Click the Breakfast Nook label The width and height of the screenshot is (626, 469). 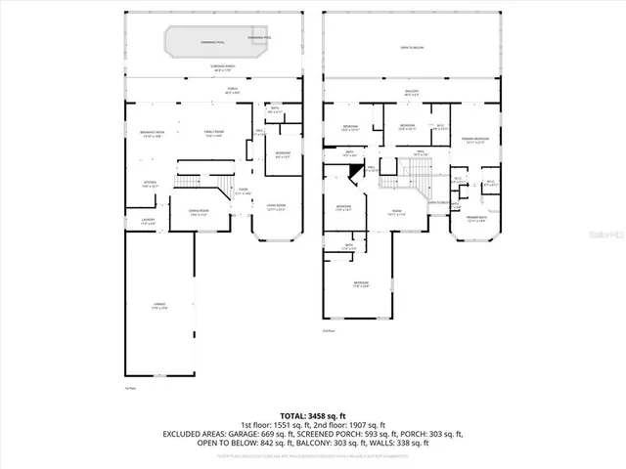tap(151, 134)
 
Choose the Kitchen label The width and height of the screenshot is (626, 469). tap(151, 184)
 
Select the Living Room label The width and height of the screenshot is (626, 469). tap(276, 206)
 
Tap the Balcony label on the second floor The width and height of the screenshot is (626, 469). tap(412, 92)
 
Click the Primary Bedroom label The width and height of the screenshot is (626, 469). tap(475, 140)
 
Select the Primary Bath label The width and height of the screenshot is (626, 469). tap(476, 219)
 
